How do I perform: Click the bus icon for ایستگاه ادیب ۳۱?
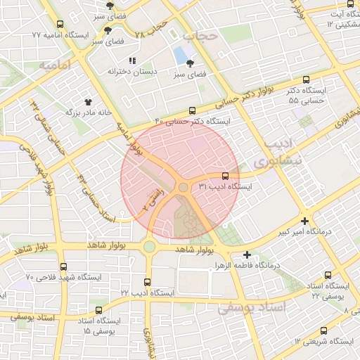pyautogui.click(x=225, y=176)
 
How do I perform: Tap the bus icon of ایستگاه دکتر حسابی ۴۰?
pyautogui.click(x=192, y=110)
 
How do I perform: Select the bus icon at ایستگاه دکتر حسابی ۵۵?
pyautogui.click(x=305, y=80)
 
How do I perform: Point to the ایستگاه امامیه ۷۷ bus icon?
pyautogui.click(x=60, y=24)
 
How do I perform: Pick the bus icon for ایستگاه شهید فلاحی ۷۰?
pyautogui.click(x=64, y=266)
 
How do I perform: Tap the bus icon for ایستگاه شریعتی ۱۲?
pyautogui.click(x=323, y=330)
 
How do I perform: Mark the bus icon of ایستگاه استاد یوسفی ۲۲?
pyautogui.click(x=328, y=275)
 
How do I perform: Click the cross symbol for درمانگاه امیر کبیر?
pyautogui.click(x=304, y=219)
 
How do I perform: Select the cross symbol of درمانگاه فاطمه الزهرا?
pyautogui.click(x=246, y=255)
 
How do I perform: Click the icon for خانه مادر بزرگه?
pyautogui.click(x=88, y=101)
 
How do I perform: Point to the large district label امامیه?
pyautogui.click(x=56, y=67)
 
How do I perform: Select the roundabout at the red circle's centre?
pyautogui.click(x=183, y=187)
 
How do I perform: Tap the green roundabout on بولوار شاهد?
pyautogui.click(x=149, y=246)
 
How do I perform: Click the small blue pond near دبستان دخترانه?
pyautogui.click(x=181, y=54)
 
